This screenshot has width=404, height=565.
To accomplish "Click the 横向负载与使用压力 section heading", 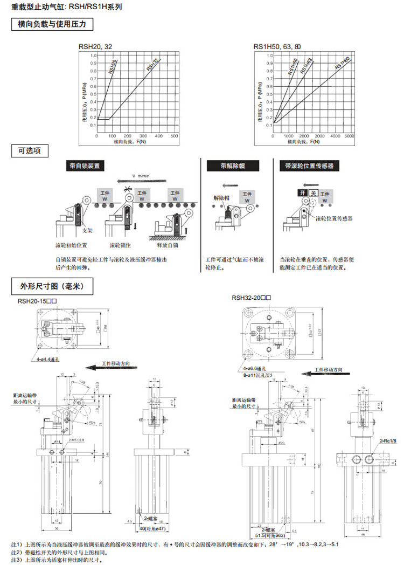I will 52,25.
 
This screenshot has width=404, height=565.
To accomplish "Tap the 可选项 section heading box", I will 30,151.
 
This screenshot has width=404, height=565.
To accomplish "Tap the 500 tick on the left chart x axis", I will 174,136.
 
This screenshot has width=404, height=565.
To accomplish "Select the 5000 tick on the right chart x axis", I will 349,136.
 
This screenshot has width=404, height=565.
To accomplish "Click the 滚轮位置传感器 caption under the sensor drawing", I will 333,218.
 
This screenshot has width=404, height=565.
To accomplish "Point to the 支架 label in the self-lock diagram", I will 87,230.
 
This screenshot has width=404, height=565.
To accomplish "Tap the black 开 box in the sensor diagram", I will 303,193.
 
